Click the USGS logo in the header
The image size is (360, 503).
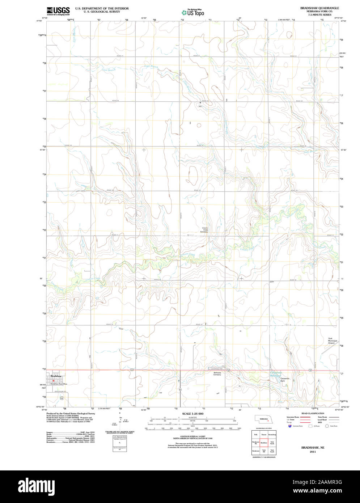click(x=58, y=10)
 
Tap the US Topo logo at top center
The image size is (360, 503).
click(x=192, y=13)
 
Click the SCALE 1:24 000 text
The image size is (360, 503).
click(x=192, y=414)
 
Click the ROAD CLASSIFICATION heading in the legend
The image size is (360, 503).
click(x=313, y=413)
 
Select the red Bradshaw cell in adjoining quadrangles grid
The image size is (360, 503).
click(x=264, y=443)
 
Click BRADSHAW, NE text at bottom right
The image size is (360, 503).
click(x=313, y=448)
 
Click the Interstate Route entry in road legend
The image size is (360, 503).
click(x=293, y=417)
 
